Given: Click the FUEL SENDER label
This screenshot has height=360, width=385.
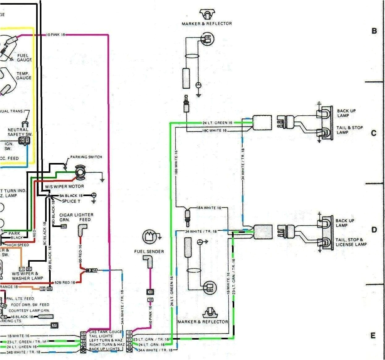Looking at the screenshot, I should click(149, 251).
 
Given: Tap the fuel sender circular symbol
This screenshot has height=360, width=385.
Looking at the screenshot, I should click(149, 237).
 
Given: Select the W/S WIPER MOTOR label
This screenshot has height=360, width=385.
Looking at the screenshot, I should click(65, 186).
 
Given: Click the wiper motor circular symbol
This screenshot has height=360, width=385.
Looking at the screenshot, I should click(80, 172).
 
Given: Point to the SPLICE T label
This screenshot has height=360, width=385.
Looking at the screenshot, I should click(71, 201).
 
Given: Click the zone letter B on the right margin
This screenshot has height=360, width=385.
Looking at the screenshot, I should click(374, 31).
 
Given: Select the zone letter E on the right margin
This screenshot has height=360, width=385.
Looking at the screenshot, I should click(373, 336).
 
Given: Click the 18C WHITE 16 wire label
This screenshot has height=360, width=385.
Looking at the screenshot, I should click(214, 131).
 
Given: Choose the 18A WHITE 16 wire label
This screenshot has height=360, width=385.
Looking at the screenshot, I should click(209, 208).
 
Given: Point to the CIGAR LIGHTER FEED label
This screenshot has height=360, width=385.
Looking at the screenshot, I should click(76, 217).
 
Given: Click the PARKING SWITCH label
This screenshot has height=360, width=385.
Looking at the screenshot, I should click(86, 157).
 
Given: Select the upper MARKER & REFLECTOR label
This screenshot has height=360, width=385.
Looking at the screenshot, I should click(207, 24).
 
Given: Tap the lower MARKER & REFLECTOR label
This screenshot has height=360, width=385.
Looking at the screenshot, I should click(203, 322).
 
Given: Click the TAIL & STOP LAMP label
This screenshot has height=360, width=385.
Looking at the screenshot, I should click(349, 130).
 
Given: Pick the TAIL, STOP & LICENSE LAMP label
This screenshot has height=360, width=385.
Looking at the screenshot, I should click(351, 242).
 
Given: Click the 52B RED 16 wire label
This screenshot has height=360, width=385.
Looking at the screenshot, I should click(65, 282).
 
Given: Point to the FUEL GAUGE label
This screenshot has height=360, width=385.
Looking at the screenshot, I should click(24, 58).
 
